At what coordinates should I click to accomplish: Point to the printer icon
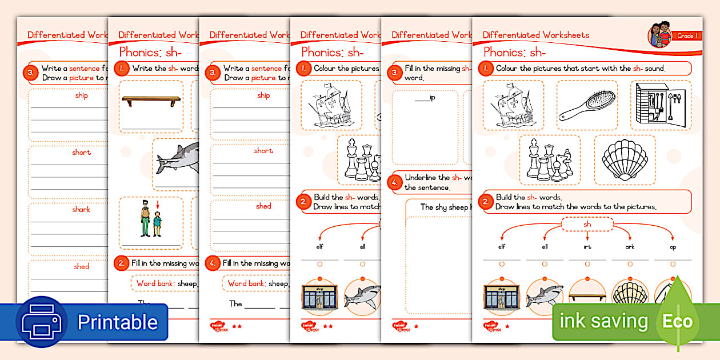click(x=42, y=322)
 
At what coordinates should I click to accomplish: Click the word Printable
click(x=117, y=322)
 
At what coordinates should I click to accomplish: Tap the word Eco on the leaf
click(x=678, y=321)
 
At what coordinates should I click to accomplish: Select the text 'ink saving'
click(x=603, y=321)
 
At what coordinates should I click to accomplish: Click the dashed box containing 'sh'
click(x=587, y=224)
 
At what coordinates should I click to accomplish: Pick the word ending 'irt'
click(x=587, y=247)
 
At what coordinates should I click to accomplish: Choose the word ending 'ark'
click(x=630, y=247)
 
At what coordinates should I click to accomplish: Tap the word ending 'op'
click(x=673, y=247)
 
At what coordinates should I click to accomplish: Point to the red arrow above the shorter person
click(x=158, y=205)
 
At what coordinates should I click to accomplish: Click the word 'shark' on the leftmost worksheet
click(x=81, y=210)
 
